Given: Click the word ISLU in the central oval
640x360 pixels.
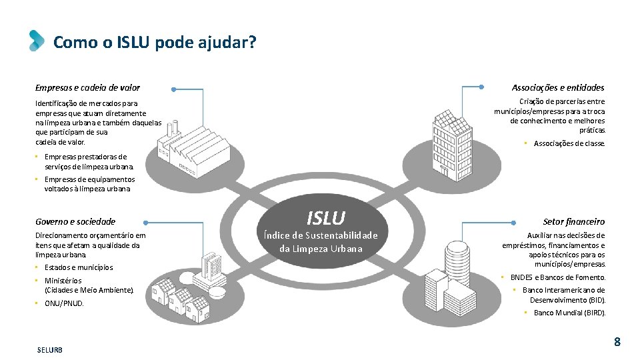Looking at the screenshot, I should (325, 217).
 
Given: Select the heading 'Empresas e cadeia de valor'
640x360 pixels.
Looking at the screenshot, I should (87, 87).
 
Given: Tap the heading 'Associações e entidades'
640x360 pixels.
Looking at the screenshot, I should (558, 87).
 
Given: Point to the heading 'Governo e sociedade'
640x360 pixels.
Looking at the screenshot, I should (75, 221).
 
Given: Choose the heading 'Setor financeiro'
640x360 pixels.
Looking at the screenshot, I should (573, 221).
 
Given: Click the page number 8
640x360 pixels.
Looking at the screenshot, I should (617, 342).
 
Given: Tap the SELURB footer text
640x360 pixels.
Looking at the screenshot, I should (50, 350).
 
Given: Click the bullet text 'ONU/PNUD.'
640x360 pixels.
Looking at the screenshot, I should (64, 303).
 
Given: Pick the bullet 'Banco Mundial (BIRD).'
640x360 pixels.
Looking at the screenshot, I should (569, 313).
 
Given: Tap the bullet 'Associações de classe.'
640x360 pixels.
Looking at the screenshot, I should (569, 143).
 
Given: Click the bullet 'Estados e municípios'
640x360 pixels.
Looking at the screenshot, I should (79, 267).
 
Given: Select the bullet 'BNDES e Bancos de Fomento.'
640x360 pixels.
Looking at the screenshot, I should (557, 277).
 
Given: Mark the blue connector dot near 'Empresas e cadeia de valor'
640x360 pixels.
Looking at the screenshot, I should (173, 88).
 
